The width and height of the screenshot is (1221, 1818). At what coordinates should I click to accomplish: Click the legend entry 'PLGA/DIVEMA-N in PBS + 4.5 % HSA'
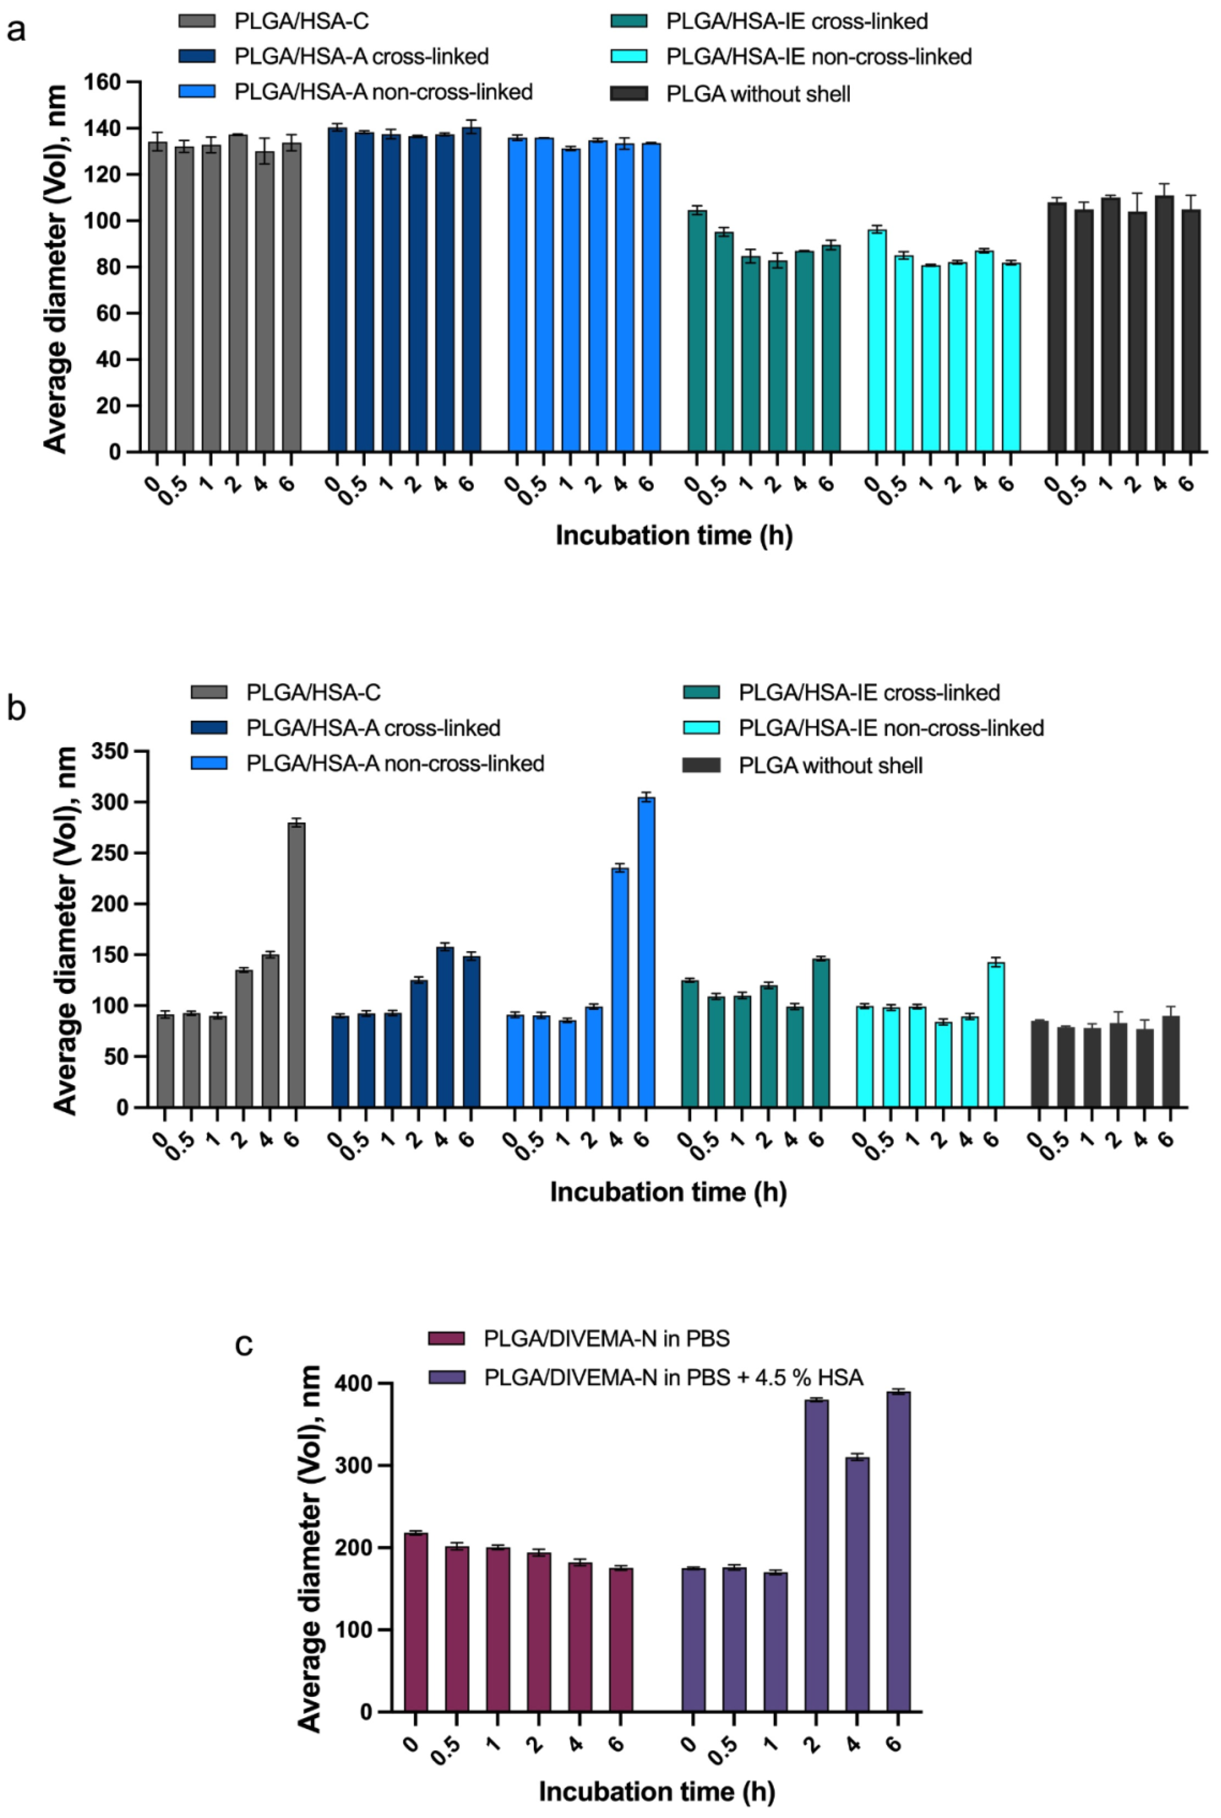(x=673, y=1377)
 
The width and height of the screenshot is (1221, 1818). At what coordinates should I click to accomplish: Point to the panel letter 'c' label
(x=244, y=1343)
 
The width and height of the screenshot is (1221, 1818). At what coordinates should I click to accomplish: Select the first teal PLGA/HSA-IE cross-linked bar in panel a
(x=697, y=331)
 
